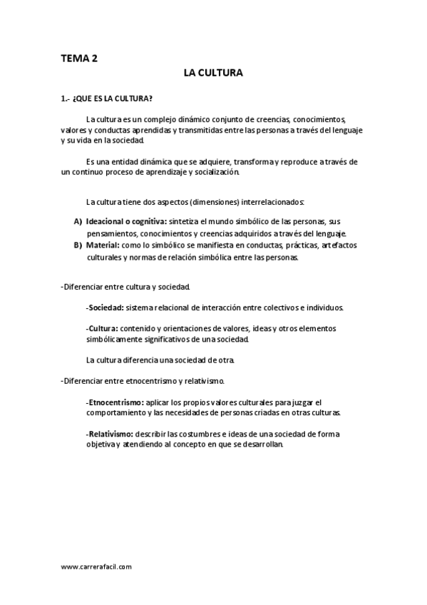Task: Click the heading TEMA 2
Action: click(x=79, y=59)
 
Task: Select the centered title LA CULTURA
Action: click(x=213, y=73)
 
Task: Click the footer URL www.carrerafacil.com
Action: click(x=96, y=566)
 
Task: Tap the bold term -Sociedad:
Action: click(x=105, y=307)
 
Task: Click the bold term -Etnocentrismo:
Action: click(x=114, y=402)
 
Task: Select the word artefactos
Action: click(x=339, y=245)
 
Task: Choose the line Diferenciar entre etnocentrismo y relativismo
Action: click(x=143, y=381)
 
